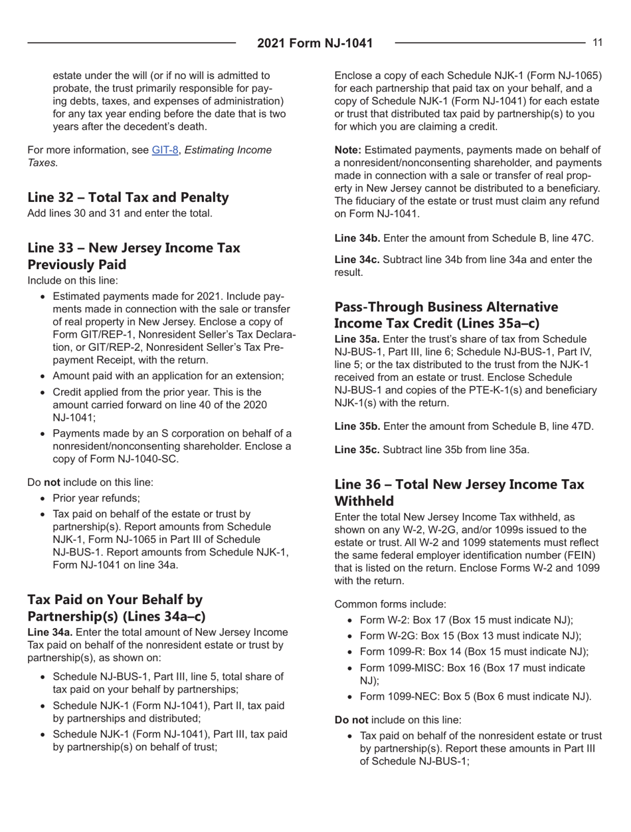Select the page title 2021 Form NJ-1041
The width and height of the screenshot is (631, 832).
point(315,44)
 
